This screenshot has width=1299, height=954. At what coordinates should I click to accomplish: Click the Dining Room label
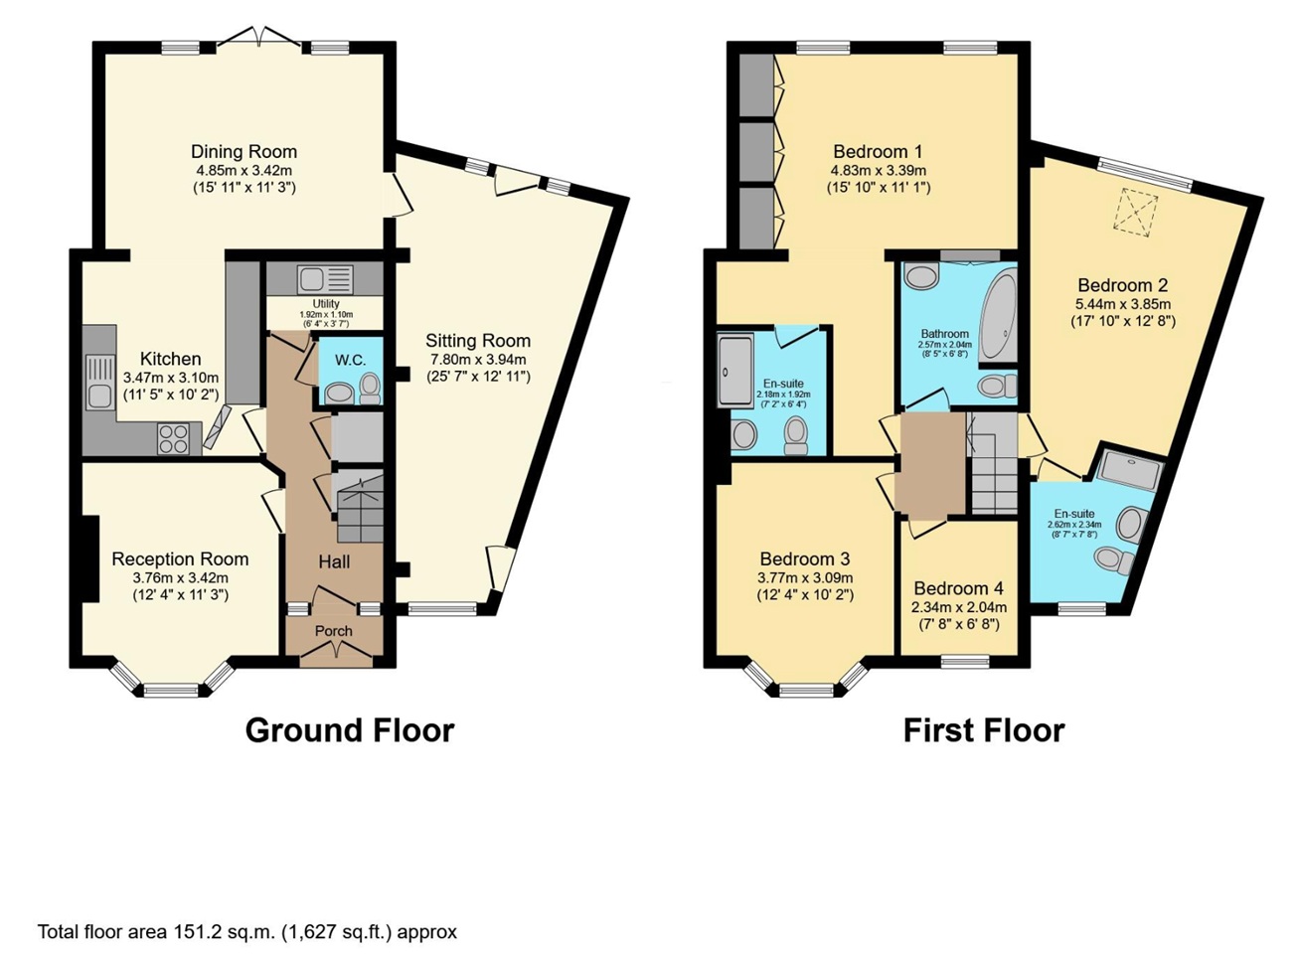click(244, 152)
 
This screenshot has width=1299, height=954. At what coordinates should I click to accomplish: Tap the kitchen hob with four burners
click(173, 439)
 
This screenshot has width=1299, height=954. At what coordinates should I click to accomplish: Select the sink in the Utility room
click(325, 279)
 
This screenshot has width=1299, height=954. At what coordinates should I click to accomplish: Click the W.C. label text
click(350, 360)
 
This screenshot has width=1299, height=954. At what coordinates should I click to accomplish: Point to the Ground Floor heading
click(350, 730)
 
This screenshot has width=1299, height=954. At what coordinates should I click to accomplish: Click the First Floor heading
click(984, 730)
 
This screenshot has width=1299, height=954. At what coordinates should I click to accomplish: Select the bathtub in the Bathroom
click(999, 318)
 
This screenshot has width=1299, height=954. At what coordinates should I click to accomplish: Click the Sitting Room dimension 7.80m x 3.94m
click(478, 360)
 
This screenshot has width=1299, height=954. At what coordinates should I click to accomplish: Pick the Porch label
click(334, 631)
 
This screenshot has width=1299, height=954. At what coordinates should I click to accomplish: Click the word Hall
click(334, 561)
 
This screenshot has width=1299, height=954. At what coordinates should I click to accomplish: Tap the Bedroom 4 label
click(958, 588)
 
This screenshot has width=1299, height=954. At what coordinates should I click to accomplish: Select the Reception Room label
click(180, 559)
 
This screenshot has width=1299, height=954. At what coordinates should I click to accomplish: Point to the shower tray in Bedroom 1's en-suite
click(734, 371)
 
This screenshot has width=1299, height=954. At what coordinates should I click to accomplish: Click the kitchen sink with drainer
click(99, 381)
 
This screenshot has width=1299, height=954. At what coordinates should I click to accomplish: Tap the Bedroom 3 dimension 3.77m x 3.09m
click(805, 578)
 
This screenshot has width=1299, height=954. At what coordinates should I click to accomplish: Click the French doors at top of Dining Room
click(259, 37)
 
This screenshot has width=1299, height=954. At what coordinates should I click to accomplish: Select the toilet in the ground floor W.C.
click(370, 388)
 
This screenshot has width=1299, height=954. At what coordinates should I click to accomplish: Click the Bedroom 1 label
click(878, 152)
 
